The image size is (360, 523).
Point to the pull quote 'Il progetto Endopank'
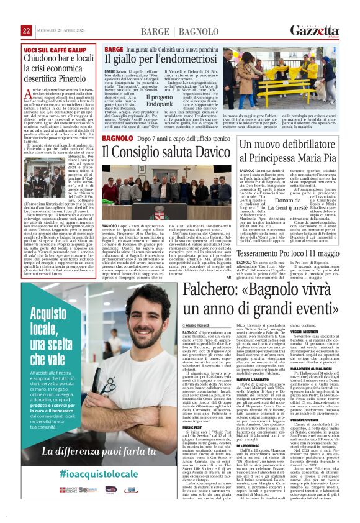[142, 101]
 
